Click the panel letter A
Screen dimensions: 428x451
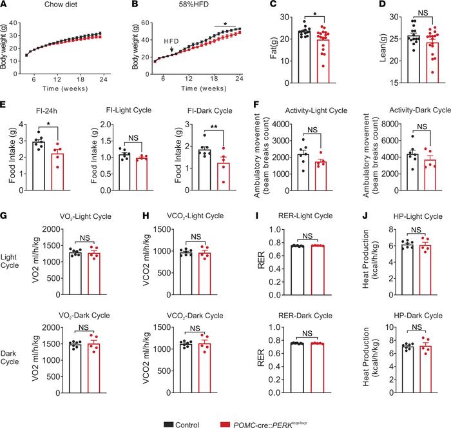pyautogui.click(x=5, y=5)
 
